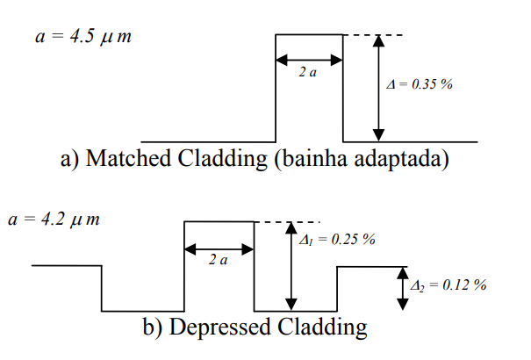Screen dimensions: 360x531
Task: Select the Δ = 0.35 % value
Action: pyautogui.click(x=419, y=86)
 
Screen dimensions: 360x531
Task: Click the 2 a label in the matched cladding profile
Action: pyautogui.click(x=308, y=74)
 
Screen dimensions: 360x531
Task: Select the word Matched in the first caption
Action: pyautogui.click(x=128, y=160)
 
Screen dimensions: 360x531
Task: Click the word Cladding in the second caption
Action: pyautogui.click(x=323, y=328)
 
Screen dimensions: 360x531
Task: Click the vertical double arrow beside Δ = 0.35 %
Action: pyautogui.click(x=378, y=88)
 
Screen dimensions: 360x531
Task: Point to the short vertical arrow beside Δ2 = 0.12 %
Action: pyautogui.click(x=402, y=288)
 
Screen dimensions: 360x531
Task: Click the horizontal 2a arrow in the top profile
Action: pyautogui.click(x=309, y=61)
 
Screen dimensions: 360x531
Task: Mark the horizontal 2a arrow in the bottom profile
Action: pyautogui.click(x=219, y=248)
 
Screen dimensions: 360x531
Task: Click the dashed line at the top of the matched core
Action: pyautogui.click(x=373, y=35)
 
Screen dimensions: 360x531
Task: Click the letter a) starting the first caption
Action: pyautogui.click(x=71, y=160)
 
